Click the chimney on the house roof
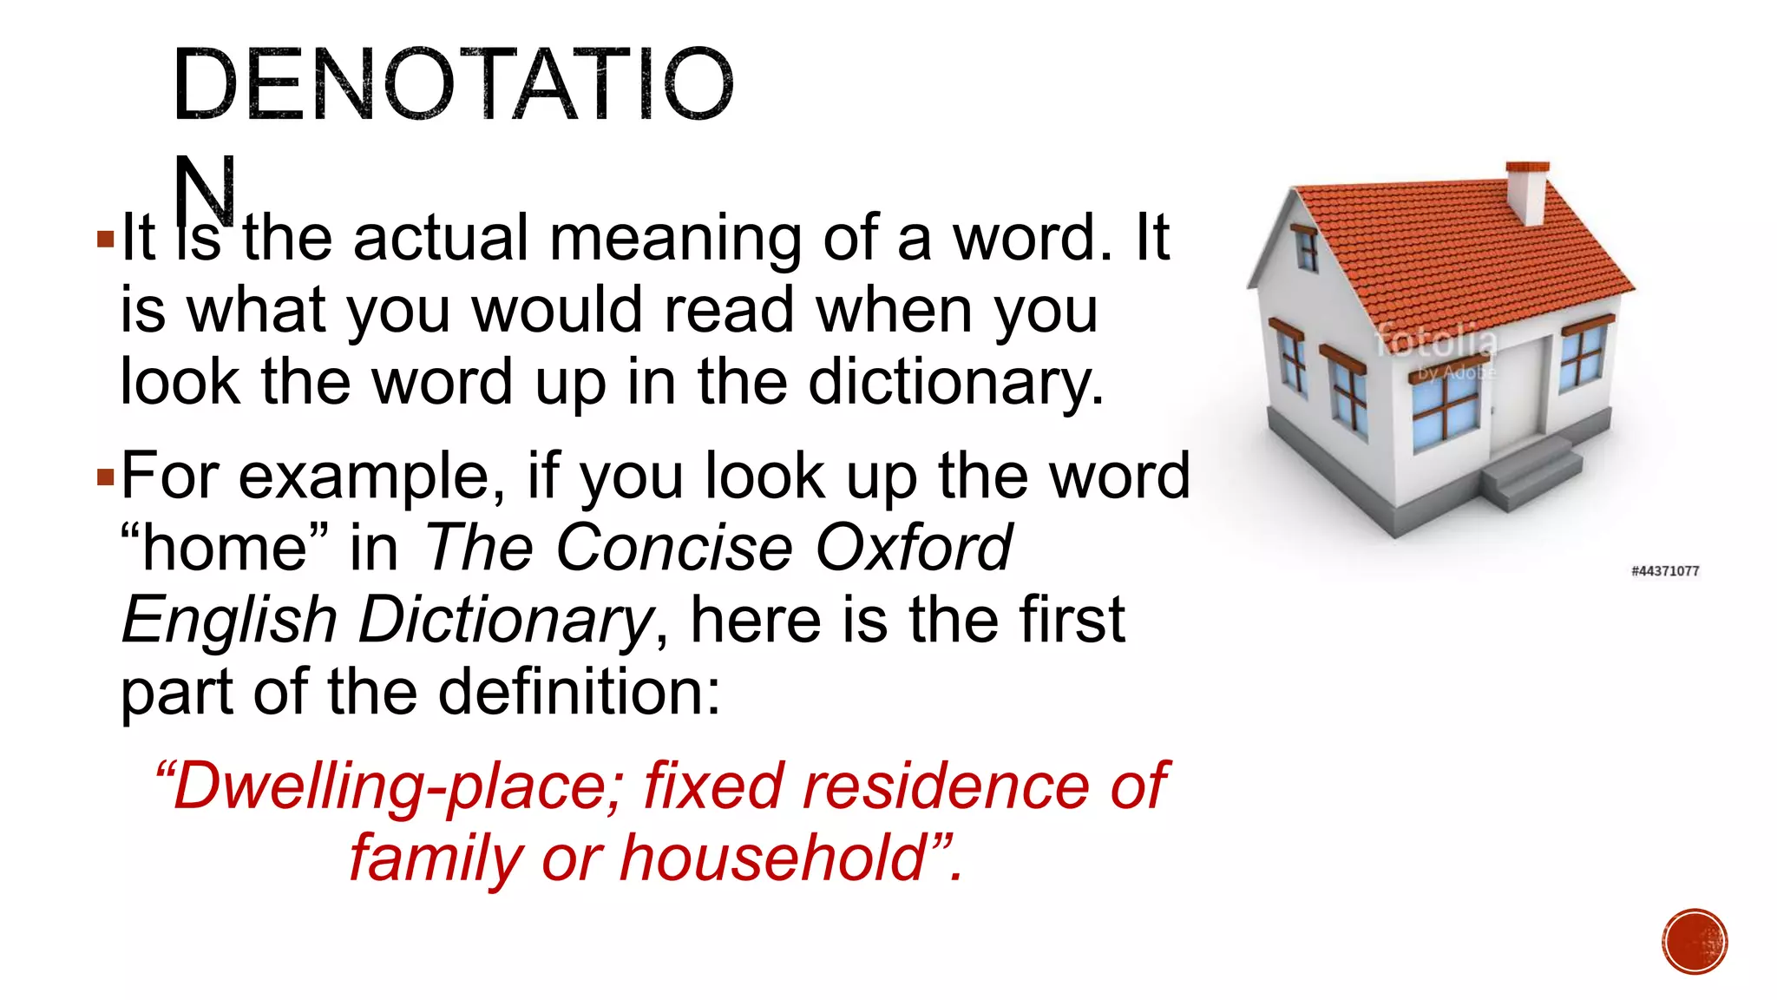pos(1527,193)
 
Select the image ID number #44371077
pos(1664,570)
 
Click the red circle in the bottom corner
pos(1695,942)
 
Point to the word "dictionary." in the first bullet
pos(956,382)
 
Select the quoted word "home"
pos(224,548)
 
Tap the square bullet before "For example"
pos(106,477)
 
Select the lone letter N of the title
pos(205,189)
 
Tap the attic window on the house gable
pos(1304,247)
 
